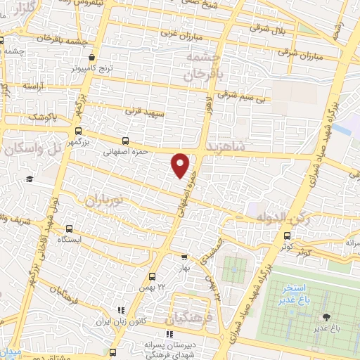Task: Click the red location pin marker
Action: point(181,165)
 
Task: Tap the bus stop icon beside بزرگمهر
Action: point(77,131)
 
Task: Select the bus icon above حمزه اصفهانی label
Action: point(125,141)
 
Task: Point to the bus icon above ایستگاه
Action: point(69,229)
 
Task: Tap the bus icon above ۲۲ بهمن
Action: point(152,276)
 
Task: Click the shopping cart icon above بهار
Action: point(184,257)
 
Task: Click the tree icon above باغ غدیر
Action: point(325,317)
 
